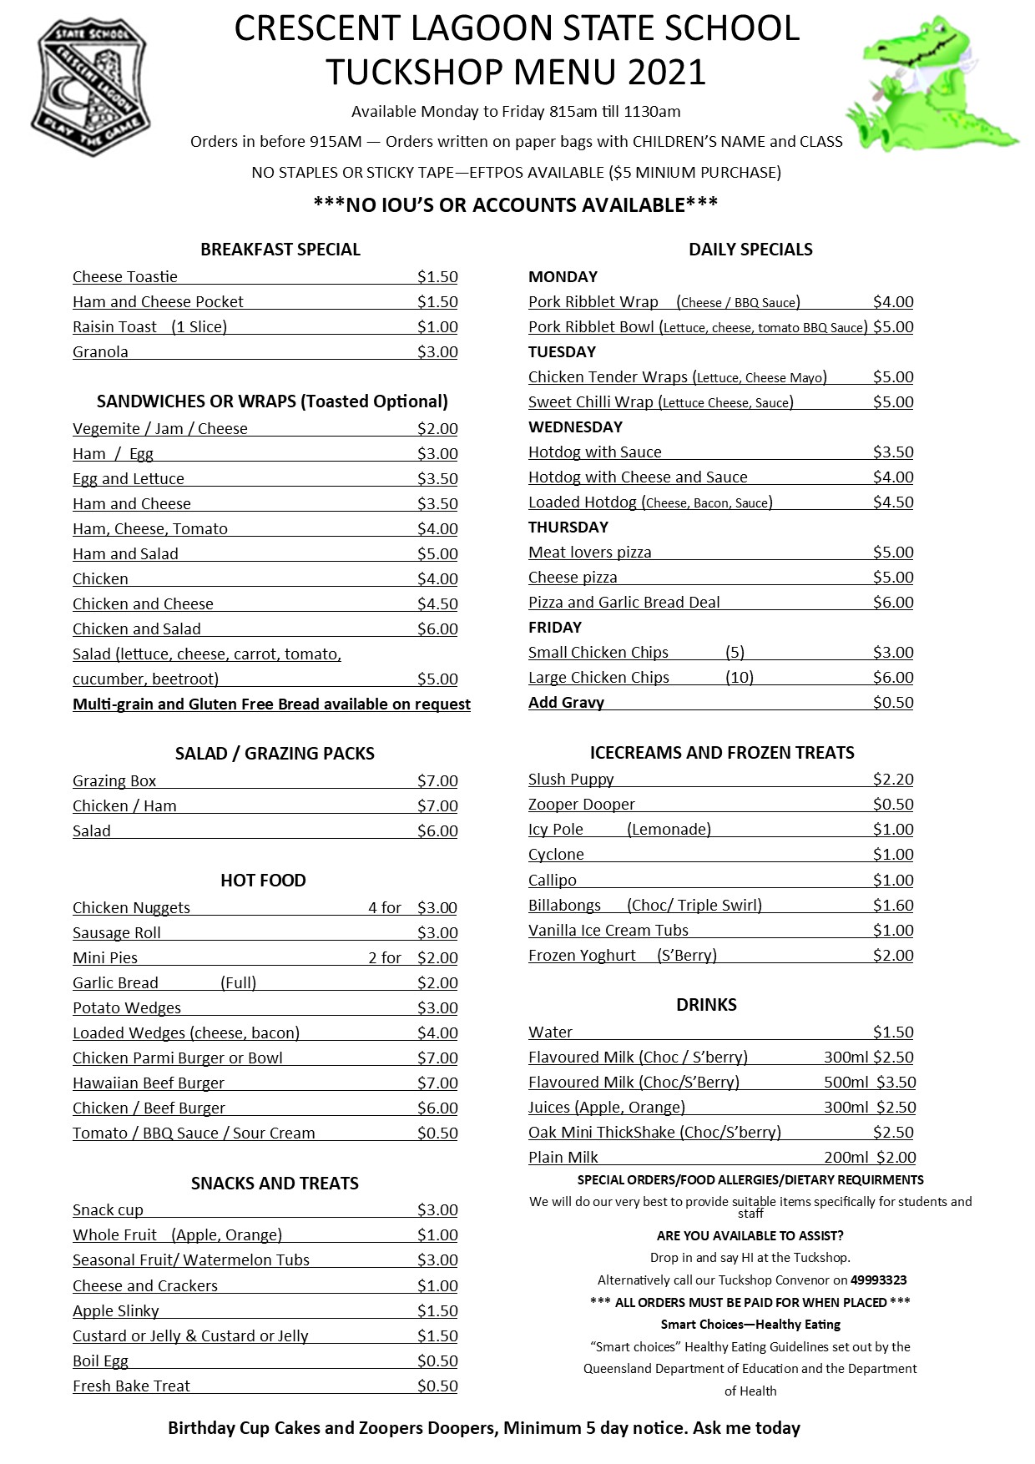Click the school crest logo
point(90,88)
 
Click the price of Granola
point(437,351)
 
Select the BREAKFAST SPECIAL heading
point(280,249)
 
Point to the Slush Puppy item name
point(571,779)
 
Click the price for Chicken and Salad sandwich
point(437,629)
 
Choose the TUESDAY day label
point(562,351)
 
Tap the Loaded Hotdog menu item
point(650,502)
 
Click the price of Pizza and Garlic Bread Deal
point(893,602)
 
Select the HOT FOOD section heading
point(263,880)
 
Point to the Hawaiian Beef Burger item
point(149,1083)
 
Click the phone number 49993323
point(878,1280)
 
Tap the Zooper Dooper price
point(893,804)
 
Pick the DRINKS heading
point(706,1004)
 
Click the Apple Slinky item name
point(116,1310)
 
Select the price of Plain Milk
point(896,1157)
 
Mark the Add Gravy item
point(566,702)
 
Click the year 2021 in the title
point(667,72)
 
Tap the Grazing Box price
point(437,780)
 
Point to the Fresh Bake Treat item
point(131,1386)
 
